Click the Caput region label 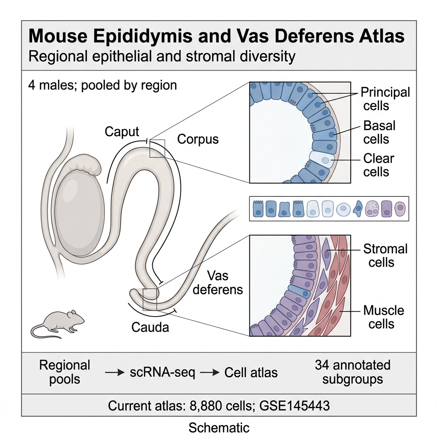coord(122,132)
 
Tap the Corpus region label coord(198,139)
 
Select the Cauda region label coord(150,327)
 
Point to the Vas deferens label coord(218,283)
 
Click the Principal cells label coord(385,99)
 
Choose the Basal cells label coord(379,133)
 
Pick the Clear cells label coord(379,165)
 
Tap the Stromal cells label coord(385,256)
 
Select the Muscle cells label coord(384,317)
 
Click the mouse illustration coord(57,324)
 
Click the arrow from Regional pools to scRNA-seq coord(115,373)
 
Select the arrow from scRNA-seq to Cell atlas coord(210,373)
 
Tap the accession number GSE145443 coord(294,405)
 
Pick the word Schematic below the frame coord(219,428)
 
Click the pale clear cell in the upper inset coord(322,159)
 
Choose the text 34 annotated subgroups coord(352,372)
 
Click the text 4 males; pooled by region coord(103,85)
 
